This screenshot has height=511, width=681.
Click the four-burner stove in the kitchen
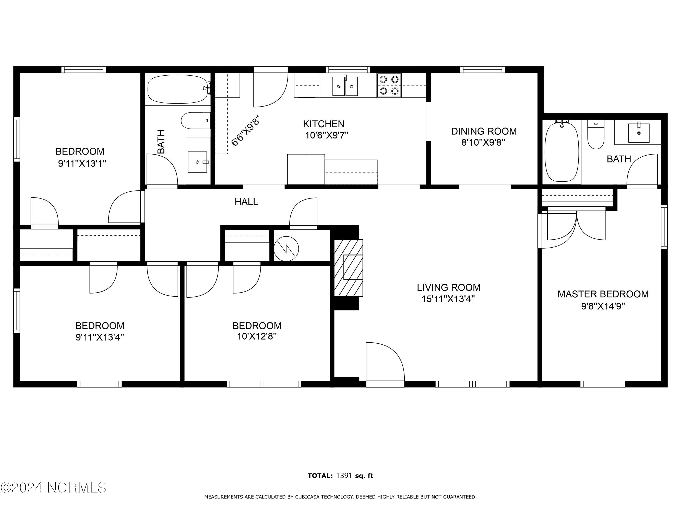389,85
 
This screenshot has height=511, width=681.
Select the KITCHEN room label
324,124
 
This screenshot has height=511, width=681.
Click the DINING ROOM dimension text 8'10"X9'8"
484,143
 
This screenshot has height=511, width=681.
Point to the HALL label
246,202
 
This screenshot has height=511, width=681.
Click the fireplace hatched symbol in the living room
349,268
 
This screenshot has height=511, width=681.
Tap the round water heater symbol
286,249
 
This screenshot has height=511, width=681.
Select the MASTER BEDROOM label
603,294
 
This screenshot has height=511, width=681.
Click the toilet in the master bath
596,134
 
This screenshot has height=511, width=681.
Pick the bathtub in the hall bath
178,89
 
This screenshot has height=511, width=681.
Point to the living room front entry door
385,362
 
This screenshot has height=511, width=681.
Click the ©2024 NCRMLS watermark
54,487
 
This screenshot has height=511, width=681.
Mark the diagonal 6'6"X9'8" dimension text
246,131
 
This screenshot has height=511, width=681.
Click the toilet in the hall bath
196,121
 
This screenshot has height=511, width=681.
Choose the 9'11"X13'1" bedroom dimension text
82,163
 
